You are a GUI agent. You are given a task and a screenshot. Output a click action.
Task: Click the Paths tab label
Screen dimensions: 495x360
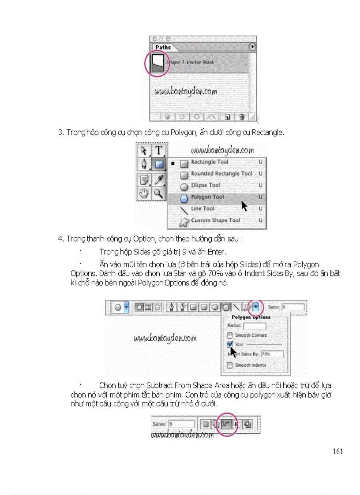(x=163, y=47)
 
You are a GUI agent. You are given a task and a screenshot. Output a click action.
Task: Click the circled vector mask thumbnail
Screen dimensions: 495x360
(x=158, y=63)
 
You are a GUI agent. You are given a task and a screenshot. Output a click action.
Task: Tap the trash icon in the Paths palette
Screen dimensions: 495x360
(x=241, y=117)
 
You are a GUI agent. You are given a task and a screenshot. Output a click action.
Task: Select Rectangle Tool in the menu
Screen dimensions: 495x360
(x=210, y=162)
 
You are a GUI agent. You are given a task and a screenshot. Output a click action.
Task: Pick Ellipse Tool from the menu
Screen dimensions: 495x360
(x=205, y=186)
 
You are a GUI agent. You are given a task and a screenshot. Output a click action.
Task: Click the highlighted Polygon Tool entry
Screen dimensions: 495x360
(x=207, y=197)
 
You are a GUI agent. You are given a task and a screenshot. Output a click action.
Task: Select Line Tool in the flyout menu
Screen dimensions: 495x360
(x=202, y=209)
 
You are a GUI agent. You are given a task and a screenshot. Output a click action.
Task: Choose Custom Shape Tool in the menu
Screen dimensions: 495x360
(x=215, y=220)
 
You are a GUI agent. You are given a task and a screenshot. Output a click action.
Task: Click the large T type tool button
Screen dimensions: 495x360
(x=158, y=150)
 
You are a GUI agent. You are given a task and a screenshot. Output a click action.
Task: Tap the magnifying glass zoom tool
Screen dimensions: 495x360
(x=158, y=193)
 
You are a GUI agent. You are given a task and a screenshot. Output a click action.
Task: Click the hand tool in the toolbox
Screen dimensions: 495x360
(x=144, y=193)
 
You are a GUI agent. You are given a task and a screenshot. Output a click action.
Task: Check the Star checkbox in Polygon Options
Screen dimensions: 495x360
(x=230, y=344)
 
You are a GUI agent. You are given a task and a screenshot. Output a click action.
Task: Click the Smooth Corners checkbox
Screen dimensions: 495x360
(x=230, y=335)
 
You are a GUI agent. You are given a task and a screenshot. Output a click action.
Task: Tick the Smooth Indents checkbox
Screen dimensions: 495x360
(x=230, y=365)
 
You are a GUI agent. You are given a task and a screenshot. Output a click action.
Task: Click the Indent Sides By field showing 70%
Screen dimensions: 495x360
(x=272, y=354)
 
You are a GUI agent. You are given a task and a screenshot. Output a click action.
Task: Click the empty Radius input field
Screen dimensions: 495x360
(x=255, y=326)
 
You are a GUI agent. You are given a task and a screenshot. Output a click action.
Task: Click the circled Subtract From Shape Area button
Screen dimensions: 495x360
(x=225, y=424)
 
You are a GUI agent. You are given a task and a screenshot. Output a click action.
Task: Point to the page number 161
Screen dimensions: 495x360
(x=338, y=451)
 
